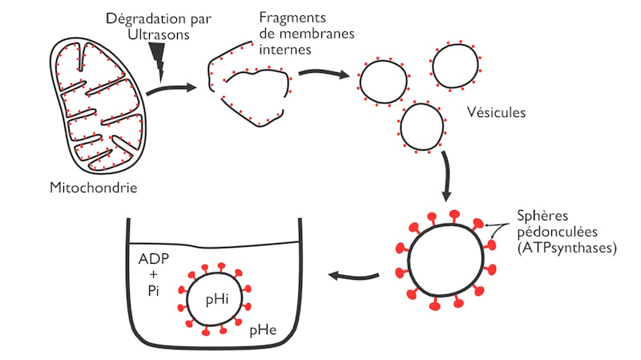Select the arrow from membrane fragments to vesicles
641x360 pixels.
324,75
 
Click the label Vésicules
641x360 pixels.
494,112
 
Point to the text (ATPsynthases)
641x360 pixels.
565,249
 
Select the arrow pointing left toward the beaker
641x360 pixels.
353,277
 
